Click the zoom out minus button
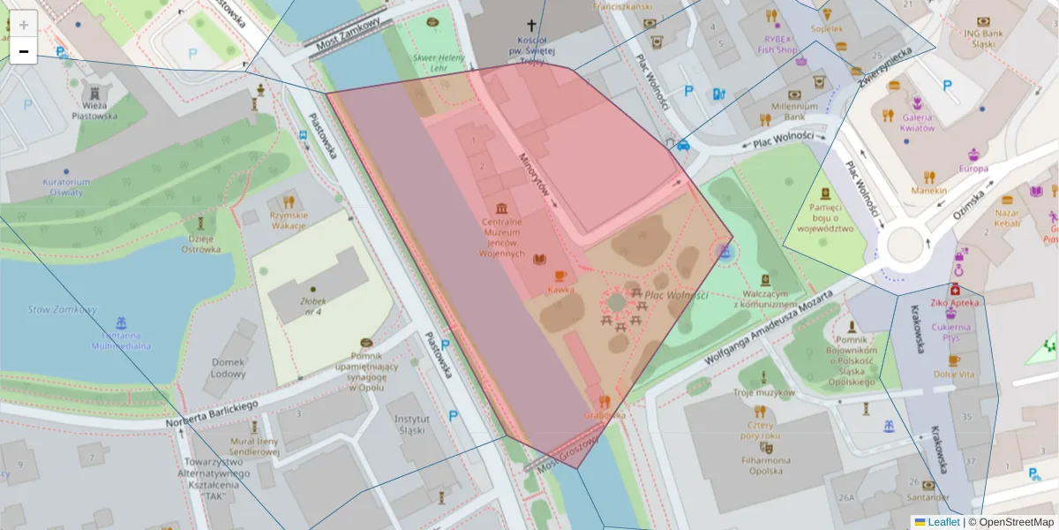click(x=24, y=51)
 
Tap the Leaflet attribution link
click(x=943, y=522)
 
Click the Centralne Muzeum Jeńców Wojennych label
click(x=502, y=237)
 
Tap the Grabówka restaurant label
click(x=605, y=414)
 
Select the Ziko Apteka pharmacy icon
click(x=954, y=290)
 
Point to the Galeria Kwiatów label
click(x=917, y=123)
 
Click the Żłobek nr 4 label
click(x=312, y=306)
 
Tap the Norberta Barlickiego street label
click(x=212, y=411)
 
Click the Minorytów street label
click(x=535, y=178)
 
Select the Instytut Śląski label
click(x=412, y=425)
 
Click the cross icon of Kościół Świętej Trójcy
click(x=531, y=26)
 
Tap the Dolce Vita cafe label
click(x=954, y=375)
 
